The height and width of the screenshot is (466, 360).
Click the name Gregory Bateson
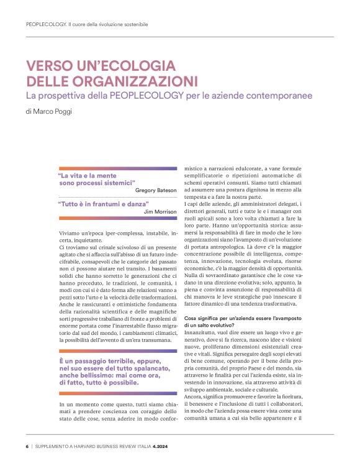pyautogui.click(x=156, y=190)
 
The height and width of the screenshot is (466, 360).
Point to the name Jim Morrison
pyautogui.click(x=160, y=211)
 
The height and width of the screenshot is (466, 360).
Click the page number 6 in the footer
pyautogui.click(x=27, y=446)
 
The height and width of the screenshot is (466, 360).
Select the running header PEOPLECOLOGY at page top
pyautogui.click(x=47, y=25)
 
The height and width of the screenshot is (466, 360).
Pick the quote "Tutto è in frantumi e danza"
pyautogui.click(x=103, y=204)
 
